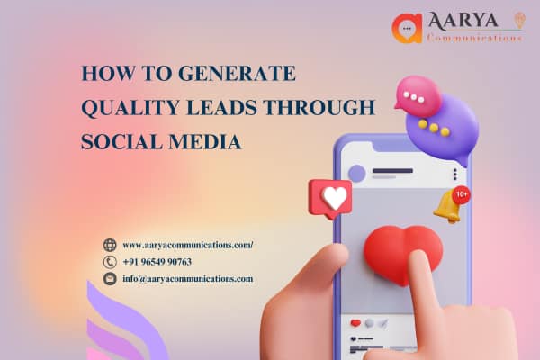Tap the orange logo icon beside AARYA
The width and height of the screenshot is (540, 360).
[407, 28]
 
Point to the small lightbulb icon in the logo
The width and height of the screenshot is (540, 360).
[518, 19]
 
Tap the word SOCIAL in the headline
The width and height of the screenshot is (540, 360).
[119, 142]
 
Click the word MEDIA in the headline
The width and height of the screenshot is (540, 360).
[210, 142]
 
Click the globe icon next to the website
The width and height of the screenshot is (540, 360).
[110, 245]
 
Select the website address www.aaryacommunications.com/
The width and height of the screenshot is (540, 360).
[188, 245]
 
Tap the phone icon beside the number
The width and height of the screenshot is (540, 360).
[110, 262]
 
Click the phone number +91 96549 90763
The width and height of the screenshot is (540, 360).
[157, 262]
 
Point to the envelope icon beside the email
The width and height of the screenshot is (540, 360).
[110, 279]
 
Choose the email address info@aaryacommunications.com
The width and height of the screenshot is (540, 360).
[187, 279]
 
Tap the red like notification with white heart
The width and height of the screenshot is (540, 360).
[330, 198]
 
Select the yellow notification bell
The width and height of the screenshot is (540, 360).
[448, 206]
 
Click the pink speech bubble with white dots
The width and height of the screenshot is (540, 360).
[418, 94]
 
